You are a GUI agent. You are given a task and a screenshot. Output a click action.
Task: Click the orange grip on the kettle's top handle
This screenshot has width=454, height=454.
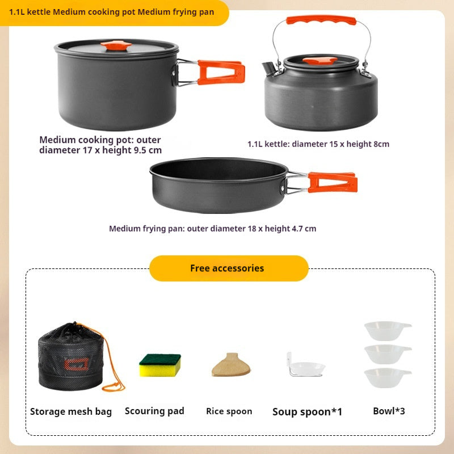click(x=321, y=20)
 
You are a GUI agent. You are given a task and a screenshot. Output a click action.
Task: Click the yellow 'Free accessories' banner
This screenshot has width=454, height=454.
click(x=228, y=268)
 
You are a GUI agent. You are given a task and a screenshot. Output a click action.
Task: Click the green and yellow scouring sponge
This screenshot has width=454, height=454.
click(x=160, y=365)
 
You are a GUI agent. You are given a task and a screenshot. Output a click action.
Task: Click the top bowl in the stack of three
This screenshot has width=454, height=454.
click(x=386, y=330)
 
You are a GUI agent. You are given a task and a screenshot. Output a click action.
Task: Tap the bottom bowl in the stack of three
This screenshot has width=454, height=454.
click(x=386, y=377)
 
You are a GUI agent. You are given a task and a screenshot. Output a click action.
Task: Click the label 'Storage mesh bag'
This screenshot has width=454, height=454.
click(x=71, y=411)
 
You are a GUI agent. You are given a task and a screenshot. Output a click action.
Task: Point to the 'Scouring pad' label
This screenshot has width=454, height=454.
click(x=154, y=411)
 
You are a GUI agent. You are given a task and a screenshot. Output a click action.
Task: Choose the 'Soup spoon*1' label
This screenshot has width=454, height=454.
click(x=307, y=412)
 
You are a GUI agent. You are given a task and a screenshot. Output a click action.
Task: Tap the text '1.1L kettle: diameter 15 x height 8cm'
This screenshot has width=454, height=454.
click(x=318, y=144)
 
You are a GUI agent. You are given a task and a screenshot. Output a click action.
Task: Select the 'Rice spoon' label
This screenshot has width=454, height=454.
click(x=229, y=411)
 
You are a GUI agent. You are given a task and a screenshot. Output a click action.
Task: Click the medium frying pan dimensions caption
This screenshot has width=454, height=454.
click(x=212, y=229)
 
